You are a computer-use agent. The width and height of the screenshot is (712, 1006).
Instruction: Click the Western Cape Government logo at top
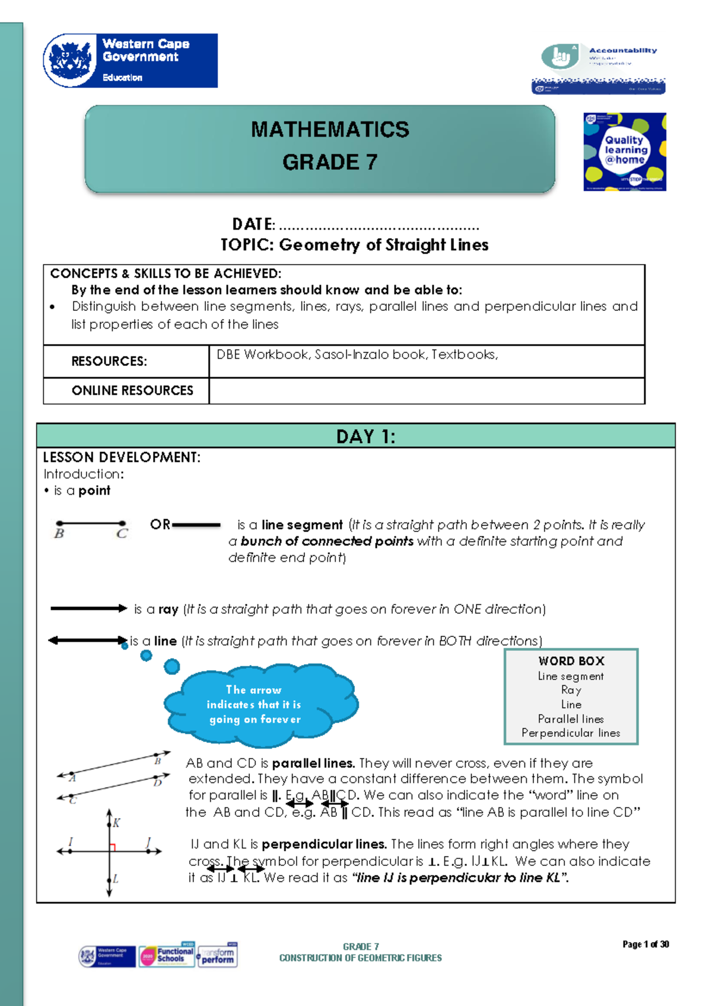point(131,61)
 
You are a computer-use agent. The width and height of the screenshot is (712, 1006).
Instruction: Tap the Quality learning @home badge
point(624,152)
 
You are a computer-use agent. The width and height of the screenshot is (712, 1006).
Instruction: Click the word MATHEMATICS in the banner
point(330,130)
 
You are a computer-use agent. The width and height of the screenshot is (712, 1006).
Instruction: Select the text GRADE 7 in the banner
point(330,162)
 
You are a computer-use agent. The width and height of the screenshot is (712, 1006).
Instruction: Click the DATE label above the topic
point(253,225)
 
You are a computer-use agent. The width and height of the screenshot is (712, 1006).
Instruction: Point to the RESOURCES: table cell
point(109,361)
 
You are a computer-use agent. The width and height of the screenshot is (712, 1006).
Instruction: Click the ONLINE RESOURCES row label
point(132,391)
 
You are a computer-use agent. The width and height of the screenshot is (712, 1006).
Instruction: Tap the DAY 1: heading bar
point(356,436)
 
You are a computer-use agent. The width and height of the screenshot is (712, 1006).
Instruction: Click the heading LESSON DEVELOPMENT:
point(122,457)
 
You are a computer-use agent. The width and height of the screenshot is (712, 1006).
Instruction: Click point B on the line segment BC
point(59,524)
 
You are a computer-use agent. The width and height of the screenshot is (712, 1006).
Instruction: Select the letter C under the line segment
point(122,534)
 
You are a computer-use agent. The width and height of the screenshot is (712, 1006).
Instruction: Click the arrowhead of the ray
point(122,608)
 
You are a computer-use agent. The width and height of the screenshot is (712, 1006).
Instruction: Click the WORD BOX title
point(571,661)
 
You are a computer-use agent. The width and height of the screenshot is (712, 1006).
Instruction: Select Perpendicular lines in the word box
point(571,733)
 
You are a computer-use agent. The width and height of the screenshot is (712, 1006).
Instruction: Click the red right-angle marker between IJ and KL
point(112,848)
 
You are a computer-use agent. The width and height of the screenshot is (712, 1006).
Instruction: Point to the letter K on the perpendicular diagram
point(116,823)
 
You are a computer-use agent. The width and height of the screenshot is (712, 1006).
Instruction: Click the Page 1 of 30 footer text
point(646,944)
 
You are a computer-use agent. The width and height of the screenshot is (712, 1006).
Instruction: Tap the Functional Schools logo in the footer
point(167,955)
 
